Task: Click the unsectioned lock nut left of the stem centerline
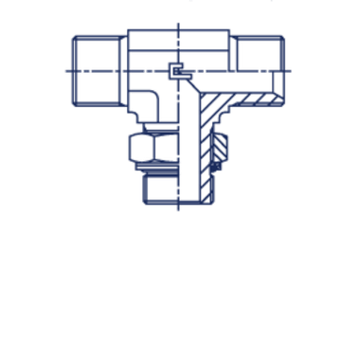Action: pyautogui.click(x=150, y=147)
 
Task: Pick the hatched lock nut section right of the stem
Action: pyautogui.click(x=219, y=147)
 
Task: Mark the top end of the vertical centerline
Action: pyautogui.click(x=179, y=25)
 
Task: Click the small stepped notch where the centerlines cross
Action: pyautogui.click(x=176, y=71)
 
